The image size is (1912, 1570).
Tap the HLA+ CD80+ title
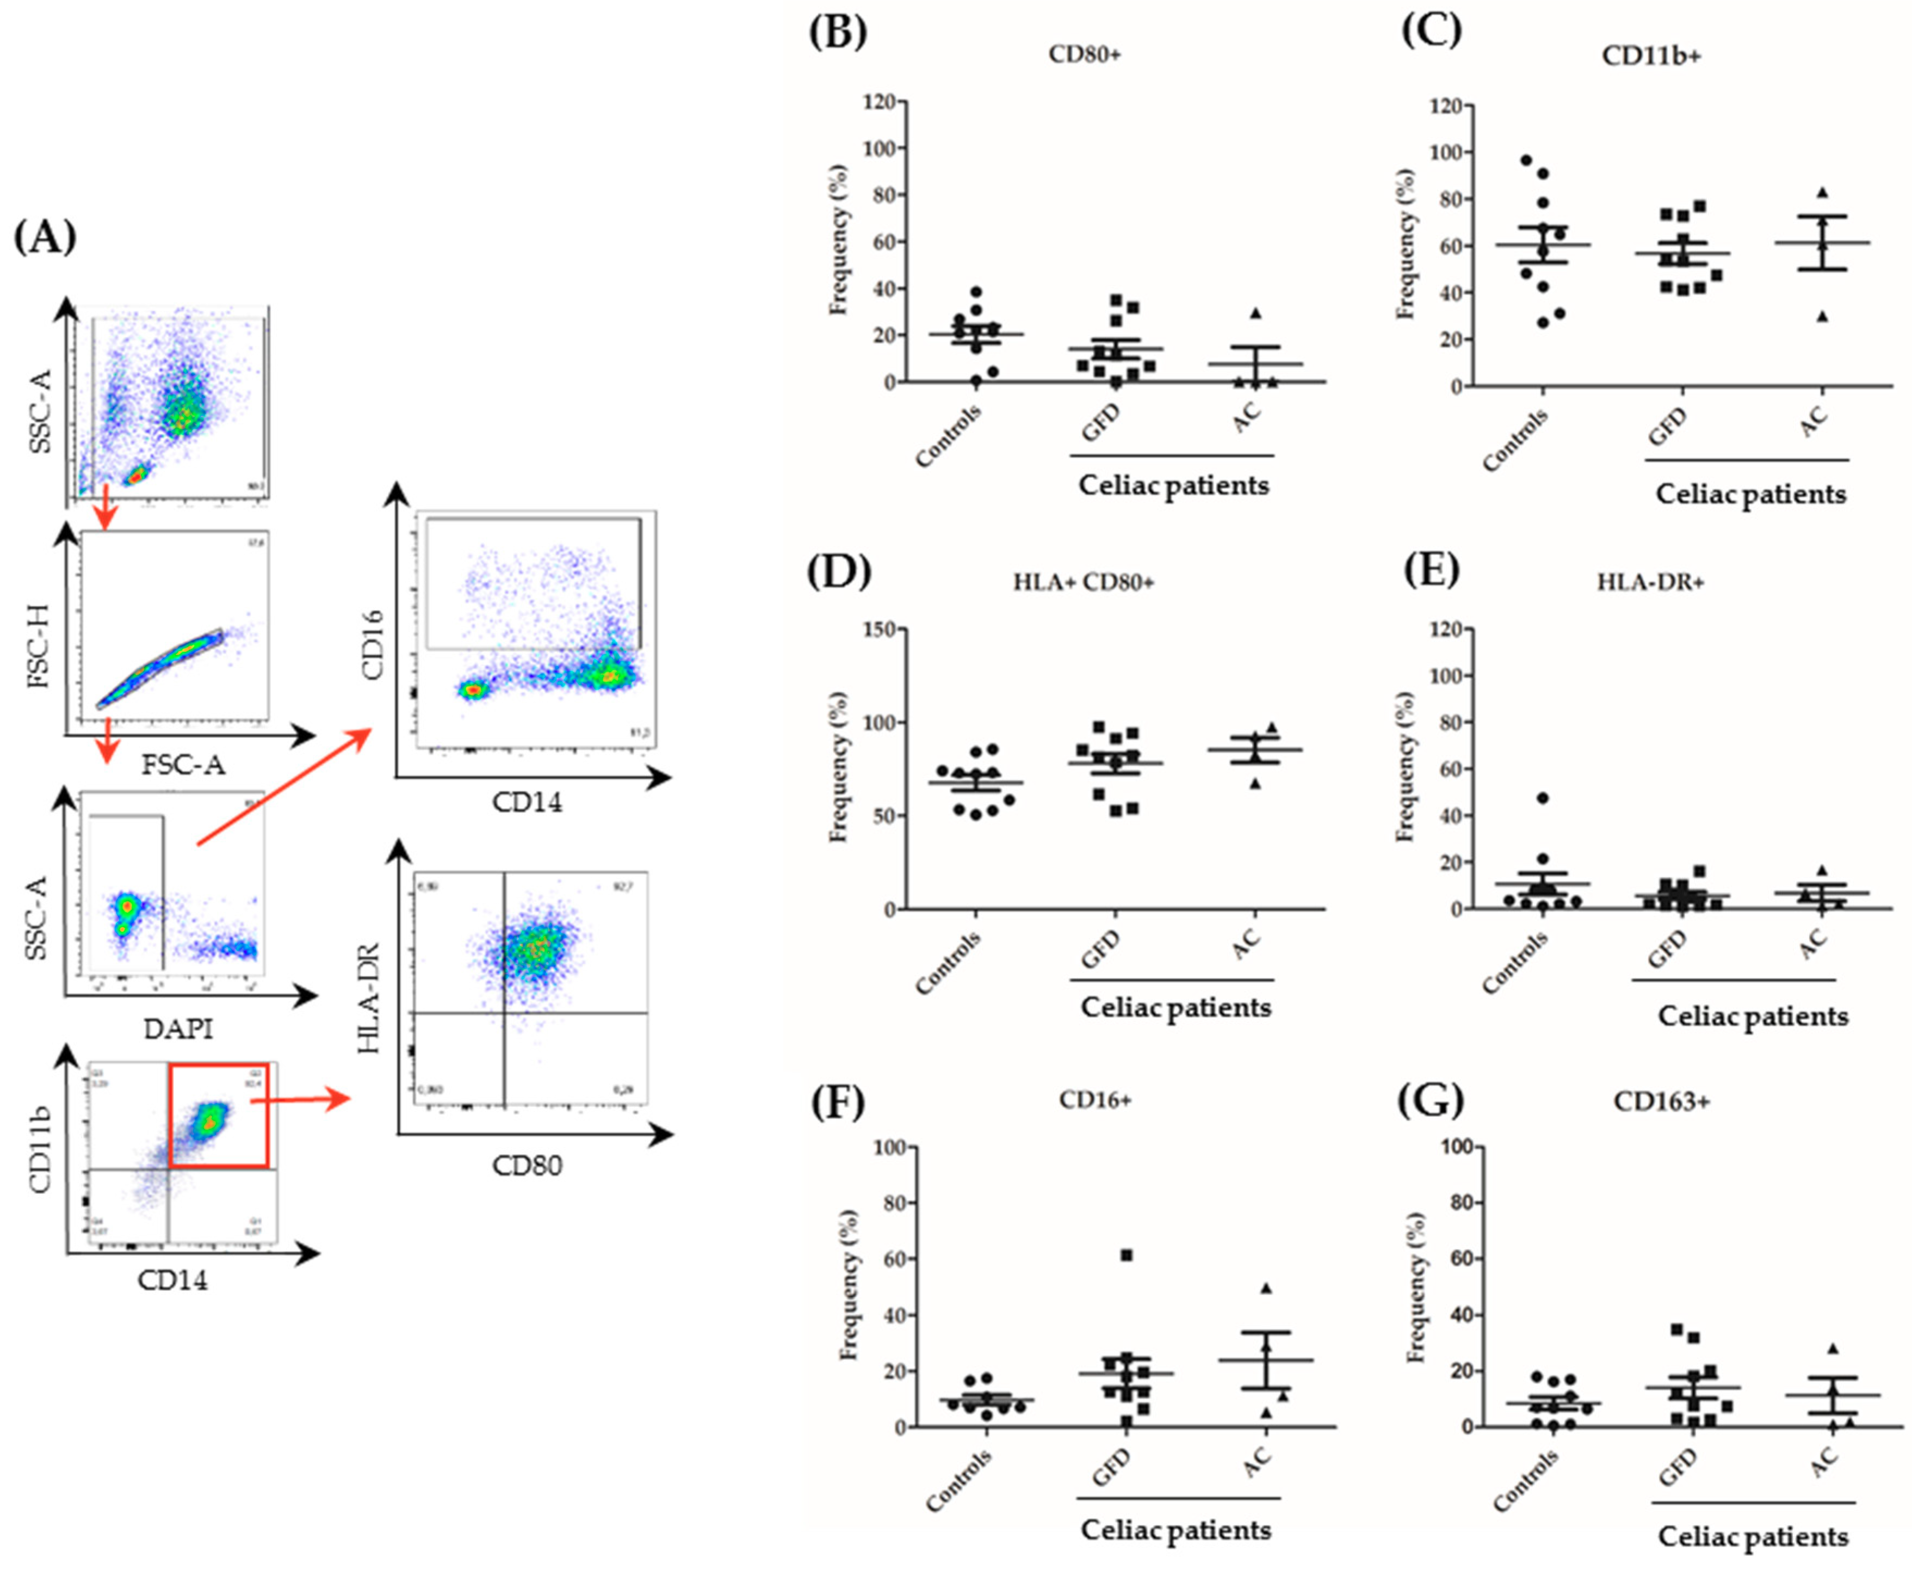[x=1083, y=582]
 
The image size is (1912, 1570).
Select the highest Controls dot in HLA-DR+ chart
[x=1542, y=798]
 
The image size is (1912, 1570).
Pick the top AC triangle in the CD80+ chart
[x=1255, y=313]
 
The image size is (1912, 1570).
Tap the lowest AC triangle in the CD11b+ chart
[x=1822, y=317]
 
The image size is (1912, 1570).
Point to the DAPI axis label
[x=178, y=1029]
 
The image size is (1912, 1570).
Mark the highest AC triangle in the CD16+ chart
[x=1266, y=1288]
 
